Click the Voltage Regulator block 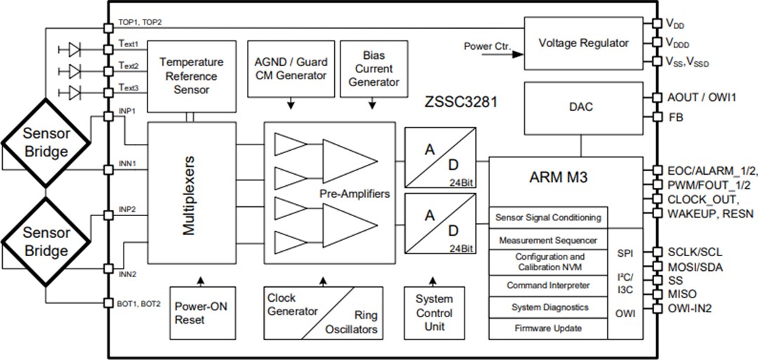[x=583, y=43]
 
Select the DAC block [x=580, y=107]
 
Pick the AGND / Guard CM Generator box [x=291, y=69]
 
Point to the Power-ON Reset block [x=200, y=313]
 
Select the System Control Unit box [x=433, y=313]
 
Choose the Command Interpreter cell [x=548, y=286]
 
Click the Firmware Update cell [x=548, y=328]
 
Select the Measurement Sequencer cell [x=548, y=240]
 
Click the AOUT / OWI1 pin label [x=701, y=98]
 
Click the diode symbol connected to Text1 [x=74, y=49]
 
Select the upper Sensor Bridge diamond [x=46, y=142]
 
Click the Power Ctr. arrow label [x=487, y=46]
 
